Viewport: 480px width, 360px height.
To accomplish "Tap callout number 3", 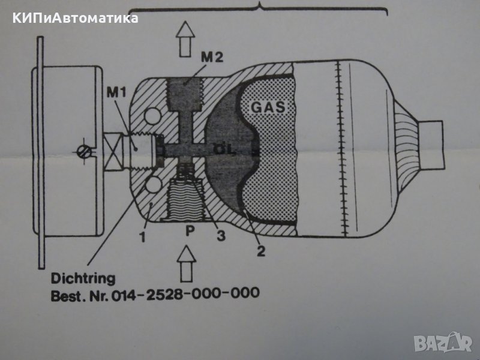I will click(x=221, y=236).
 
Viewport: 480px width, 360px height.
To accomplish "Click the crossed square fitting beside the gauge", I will click(x=111, y=150).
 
